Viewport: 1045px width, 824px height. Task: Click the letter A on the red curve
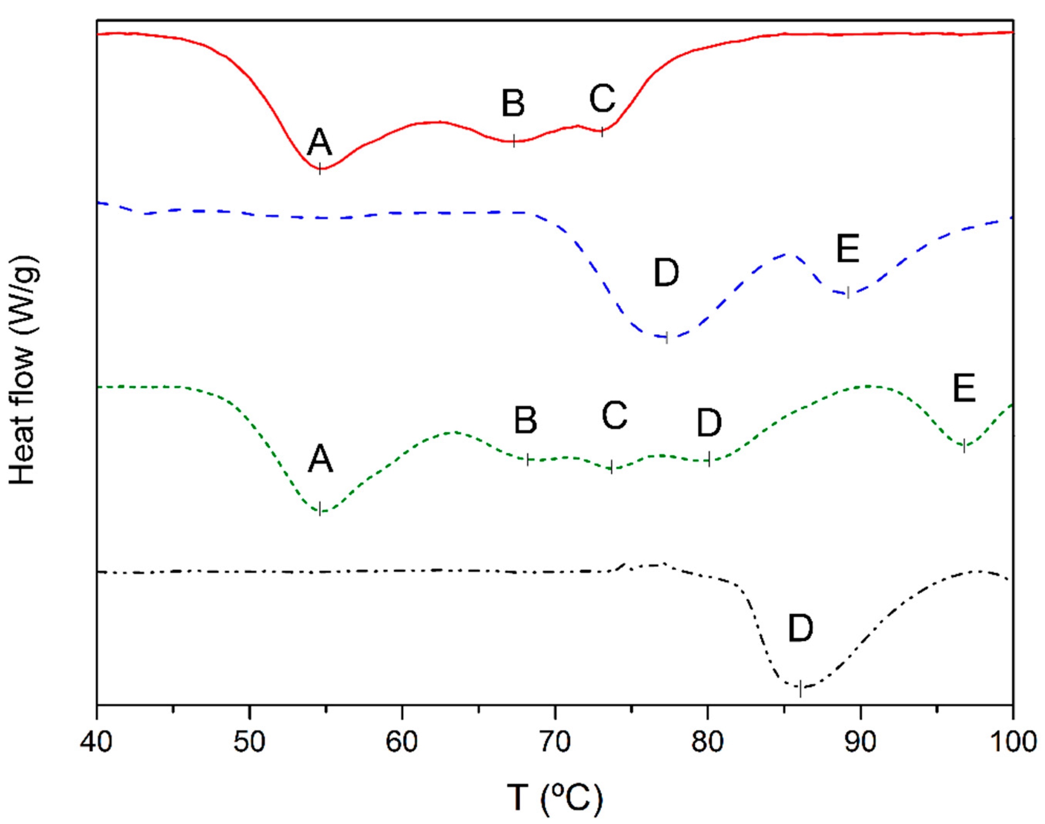pos(320,143)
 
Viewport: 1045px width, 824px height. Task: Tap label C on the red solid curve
pos(602,98)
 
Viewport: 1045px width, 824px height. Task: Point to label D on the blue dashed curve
pos(666,273)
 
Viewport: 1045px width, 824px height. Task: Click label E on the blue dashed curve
pos(848,249)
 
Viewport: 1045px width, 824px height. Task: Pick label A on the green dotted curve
pos(321,459)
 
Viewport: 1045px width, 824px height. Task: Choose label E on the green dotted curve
pos(964,389)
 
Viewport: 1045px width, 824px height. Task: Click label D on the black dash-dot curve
pos(800,629)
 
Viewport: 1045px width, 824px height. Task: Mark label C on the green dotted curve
pos(614,415)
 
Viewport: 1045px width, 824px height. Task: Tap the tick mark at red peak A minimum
pos(320,169)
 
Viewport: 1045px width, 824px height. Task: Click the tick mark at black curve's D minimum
pos(800,689)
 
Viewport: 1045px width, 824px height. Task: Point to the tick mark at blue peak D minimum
pos(667,338)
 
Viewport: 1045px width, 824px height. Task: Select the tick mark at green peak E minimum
pos(964,447)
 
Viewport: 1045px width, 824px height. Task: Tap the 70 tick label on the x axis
pos(555,742)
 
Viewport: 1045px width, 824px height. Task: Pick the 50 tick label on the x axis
pos(249,742)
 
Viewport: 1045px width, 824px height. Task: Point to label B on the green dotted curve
pos(526,420)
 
